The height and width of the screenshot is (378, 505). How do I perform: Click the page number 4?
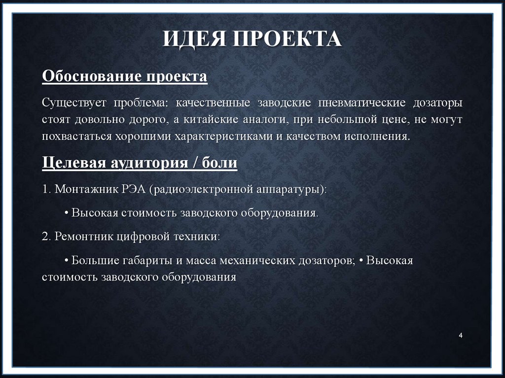click(x=460, y=336)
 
